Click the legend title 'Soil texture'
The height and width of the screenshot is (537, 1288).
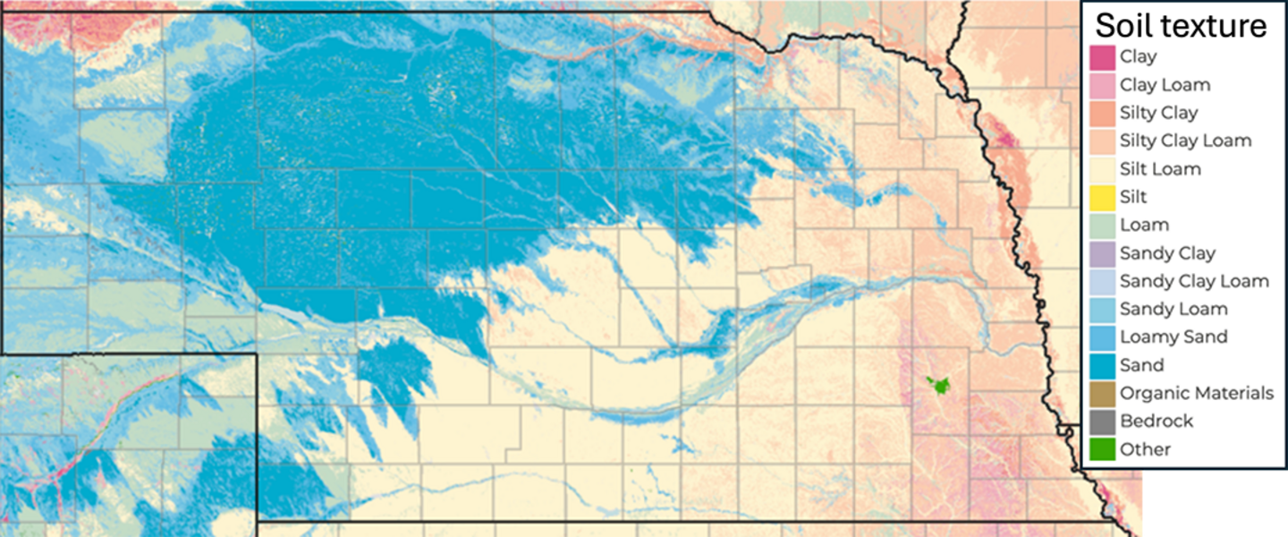pyautogui.click(x=1182, y=25)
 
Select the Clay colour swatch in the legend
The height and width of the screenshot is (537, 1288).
pyautogui.click(x=1103, y=57)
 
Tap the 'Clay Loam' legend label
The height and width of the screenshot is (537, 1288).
pyautogui.click(x=1165, y=85)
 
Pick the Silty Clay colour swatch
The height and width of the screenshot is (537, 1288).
pyautogui.click(x=1103, y=113)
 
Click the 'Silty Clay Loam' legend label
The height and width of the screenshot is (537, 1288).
pyautogui.click(x=1185, y=141)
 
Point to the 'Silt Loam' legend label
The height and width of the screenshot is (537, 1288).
pyautogui.click(x=1160, y=169)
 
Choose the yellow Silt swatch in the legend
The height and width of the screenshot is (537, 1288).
pyautogui.click(x=1103, y=197)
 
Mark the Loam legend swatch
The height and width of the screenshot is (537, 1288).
pyautogui.click(x=1103, y=225)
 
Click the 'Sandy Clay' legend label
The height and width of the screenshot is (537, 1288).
pyautogui.click(x=1167, y=253)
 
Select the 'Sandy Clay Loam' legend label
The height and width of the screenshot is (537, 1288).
pyautogui.click(x=1194, y=281)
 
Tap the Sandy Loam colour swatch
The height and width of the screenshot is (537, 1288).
pyautogui.click(x=1103, y=309)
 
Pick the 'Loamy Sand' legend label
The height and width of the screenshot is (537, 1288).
pyautogui.click(x=1174, y=337)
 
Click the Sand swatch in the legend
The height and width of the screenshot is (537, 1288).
pyautogui.click(x=1103, y=365)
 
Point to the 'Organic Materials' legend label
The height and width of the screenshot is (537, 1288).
pyautogui.click(x=1197, y=393)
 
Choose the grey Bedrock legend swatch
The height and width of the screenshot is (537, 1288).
pyautogui.click(x=1103, y=421)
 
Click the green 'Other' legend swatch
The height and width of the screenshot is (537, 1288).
pyautogui.click(x=1103, y=449)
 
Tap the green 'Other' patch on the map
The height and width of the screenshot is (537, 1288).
pyautogui.click(x=938, y=385)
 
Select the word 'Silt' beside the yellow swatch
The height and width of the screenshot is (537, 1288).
pyautogui.click(x=1133, y=197)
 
